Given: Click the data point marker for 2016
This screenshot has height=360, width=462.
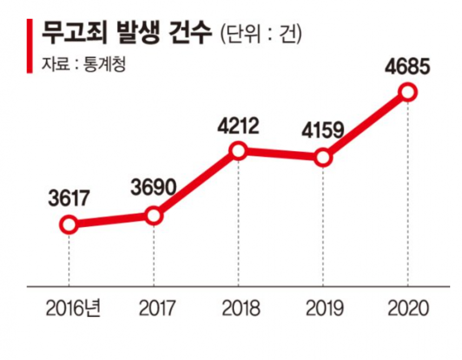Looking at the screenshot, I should (69, 225).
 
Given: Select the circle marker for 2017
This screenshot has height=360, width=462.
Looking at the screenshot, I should (154, 215).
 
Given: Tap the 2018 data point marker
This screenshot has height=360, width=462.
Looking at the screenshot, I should (239, 151).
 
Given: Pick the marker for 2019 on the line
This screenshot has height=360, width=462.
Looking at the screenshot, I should (323, 158).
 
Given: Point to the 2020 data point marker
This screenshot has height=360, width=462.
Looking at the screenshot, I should (407, 92).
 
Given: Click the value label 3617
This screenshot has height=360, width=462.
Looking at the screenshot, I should (69, 198).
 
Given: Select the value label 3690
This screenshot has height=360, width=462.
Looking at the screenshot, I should (154, 187).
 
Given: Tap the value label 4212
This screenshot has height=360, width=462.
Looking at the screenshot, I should (238, 126).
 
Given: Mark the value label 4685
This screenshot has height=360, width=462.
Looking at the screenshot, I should (407, 67).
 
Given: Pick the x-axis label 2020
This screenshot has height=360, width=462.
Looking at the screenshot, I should (408, 308).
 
